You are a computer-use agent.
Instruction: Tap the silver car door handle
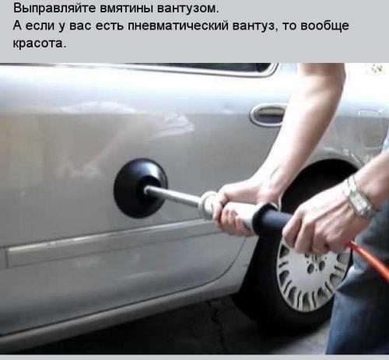268,114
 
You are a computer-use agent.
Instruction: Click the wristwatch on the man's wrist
359,197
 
